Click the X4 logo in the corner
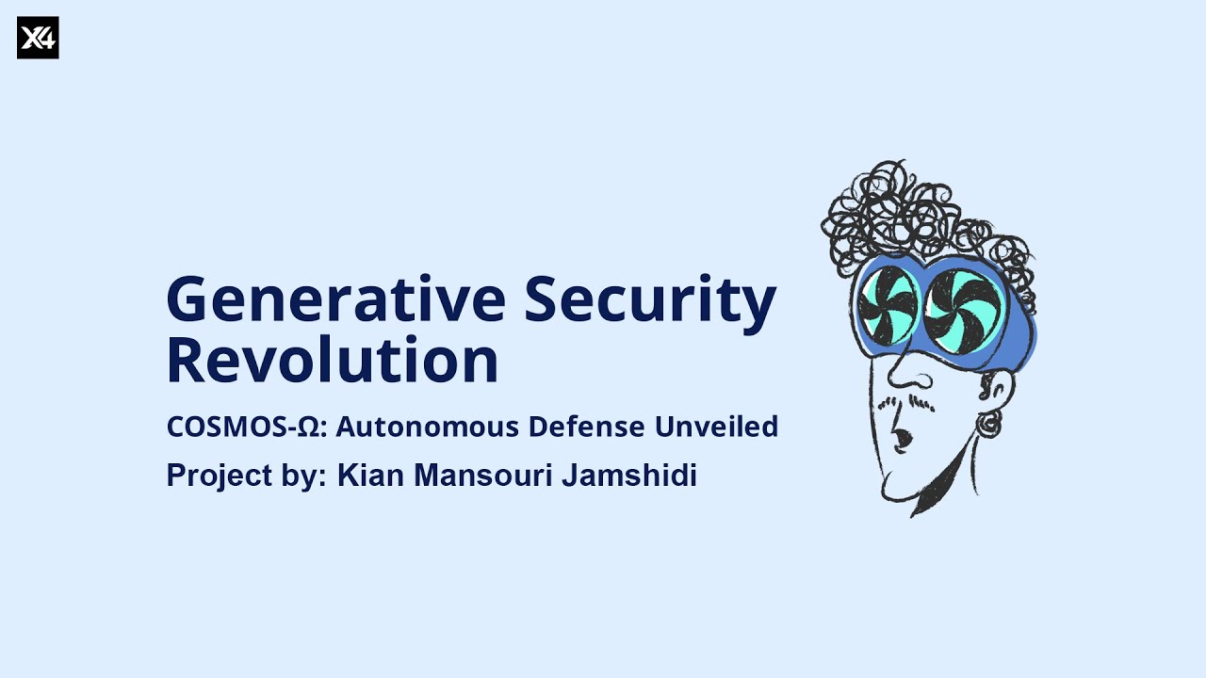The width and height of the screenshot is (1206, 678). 38,38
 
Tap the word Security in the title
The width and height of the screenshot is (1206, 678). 650,299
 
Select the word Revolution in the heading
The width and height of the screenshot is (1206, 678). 332,361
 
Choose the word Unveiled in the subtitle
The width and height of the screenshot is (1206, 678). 716,427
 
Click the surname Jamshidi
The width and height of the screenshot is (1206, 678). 629,476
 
